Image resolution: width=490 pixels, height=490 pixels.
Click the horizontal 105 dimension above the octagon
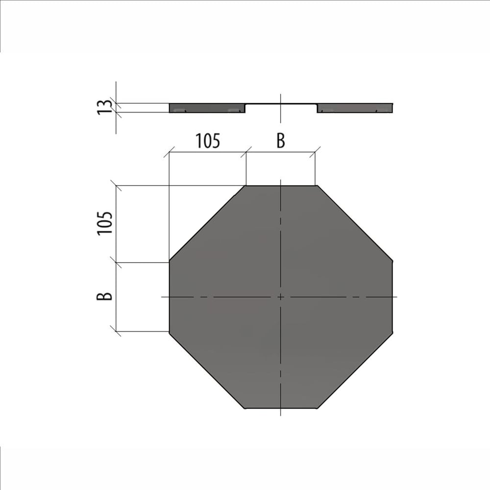pos(208,141)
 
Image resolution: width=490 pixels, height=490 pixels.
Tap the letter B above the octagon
pos(281,141)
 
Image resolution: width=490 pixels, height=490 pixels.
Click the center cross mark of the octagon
pos(281,296)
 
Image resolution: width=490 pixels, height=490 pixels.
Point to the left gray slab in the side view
pos(207,108)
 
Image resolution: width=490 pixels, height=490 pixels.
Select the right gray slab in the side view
pos(355,108)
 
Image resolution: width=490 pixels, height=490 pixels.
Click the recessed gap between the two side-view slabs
pos(281,108)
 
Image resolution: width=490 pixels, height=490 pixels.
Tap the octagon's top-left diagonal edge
pos(207,223)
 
